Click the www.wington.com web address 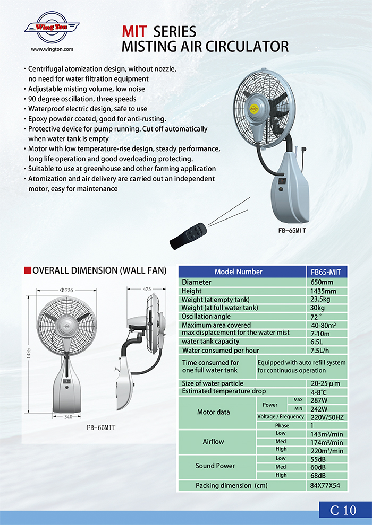52,49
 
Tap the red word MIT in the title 134,32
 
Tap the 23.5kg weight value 320,300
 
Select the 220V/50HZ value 326,417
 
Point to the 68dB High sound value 319,475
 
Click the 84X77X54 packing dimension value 325,486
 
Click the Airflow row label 213,441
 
